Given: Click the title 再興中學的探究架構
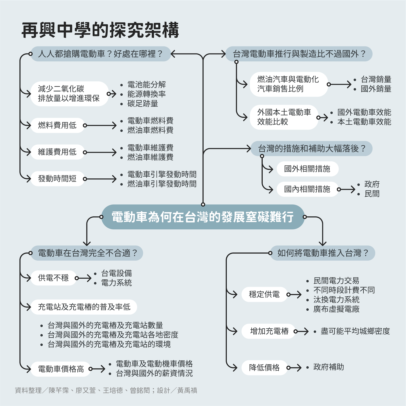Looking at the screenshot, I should [x=100, y=30].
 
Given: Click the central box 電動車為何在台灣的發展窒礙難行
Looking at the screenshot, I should [x=203, y=217].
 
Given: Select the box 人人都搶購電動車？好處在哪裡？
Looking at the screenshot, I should [x=100, y=54].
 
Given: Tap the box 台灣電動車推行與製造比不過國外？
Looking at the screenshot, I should [x=299, y=54].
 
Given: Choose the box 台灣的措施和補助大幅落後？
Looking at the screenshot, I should [x=312, y=148].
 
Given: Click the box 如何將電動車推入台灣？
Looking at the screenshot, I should [x=323, y=253].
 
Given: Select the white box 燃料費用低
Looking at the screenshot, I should [x=57, y=125].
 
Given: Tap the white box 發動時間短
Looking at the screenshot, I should [x=57, y=179].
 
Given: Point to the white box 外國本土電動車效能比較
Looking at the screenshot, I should [x=284, y=117].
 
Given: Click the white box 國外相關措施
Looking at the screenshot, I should [x=307, y=169].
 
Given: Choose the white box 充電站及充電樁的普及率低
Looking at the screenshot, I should [x=84, y=307].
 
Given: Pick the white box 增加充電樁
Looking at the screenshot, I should [x=269, y=331].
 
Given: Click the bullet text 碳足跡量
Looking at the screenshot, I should [x=143, y=104].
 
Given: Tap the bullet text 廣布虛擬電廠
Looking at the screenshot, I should [x=336, y=309].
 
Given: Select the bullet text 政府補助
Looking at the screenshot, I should [x=329, y=367].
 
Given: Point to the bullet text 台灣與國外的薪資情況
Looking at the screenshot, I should [x=154, y=373].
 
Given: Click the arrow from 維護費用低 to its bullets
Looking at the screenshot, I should [x=100, y=153].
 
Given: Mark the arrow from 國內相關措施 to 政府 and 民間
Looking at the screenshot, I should [x=346, y=189].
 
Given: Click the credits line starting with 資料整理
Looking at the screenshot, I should [x=106, y=390].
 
